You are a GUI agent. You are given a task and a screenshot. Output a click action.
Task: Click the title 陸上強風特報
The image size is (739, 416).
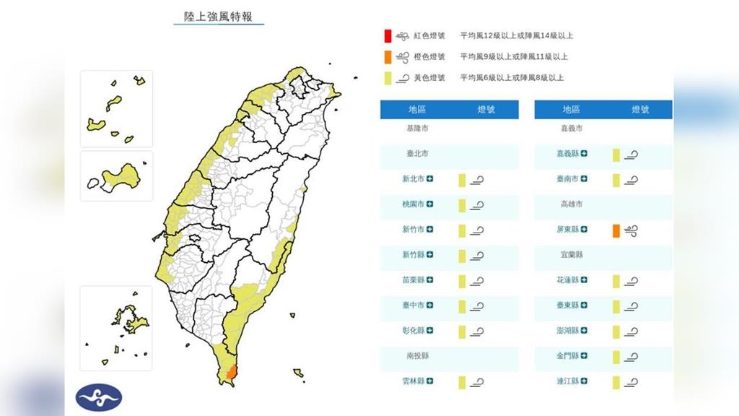pos(219,16)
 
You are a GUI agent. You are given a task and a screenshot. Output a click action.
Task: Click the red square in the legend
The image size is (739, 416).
pos(388,35)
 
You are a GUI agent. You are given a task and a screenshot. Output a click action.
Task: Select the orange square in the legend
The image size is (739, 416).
pos(388,56)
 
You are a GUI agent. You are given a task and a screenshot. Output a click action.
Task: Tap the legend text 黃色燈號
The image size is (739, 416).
pos(429,77)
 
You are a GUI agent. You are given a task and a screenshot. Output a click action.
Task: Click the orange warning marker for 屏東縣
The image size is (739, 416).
pos(616,230)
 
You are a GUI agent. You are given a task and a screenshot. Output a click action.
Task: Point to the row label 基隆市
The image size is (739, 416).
pos(417,129)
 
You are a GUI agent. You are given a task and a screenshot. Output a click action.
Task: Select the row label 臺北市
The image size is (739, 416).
pos(417,154)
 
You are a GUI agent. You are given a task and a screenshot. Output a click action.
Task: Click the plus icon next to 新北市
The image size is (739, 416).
pos(430,179)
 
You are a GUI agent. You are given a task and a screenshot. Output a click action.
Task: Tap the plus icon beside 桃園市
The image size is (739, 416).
pos(430,204)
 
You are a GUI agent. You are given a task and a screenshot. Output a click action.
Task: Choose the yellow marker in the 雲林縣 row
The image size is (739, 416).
pos(462,381)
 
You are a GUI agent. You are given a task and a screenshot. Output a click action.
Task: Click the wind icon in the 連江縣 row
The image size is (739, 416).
pos(631,381)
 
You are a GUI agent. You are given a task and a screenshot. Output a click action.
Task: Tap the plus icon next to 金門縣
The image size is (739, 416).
pos(583,356)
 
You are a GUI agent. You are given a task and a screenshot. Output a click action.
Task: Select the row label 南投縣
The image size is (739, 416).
pos(417,356)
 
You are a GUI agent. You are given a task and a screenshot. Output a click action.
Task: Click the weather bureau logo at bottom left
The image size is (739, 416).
pos(99,396)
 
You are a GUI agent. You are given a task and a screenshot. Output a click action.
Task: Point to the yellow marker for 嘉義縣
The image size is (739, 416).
pos(616,154)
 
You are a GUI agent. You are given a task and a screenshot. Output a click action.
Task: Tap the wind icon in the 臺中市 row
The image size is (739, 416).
pos(476,305)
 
